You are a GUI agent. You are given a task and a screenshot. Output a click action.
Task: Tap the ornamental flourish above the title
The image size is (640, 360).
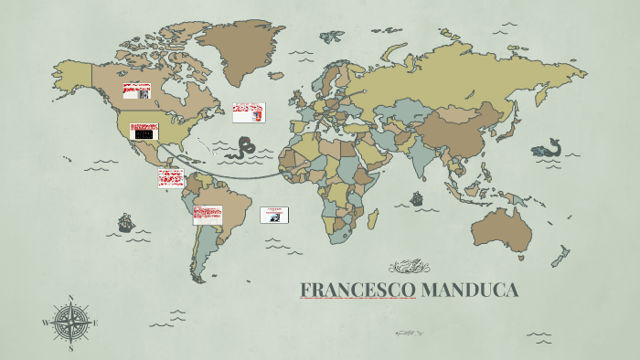409,267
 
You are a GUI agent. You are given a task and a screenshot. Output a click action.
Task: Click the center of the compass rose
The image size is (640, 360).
71,322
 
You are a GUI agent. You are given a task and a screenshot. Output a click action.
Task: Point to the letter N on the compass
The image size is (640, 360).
71,298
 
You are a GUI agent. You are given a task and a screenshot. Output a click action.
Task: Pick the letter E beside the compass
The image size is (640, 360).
95,322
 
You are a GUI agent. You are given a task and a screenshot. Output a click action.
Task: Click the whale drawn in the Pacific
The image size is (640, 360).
547,149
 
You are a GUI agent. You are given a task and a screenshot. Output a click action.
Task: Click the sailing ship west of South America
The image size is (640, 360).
125,222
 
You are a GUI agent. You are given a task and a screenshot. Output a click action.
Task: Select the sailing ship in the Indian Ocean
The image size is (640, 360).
417,198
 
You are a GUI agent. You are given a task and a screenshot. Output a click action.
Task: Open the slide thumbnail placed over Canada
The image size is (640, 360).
137,91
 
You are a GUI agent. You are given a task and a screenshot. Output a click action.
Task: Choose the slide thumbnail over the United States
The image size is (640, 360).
144,132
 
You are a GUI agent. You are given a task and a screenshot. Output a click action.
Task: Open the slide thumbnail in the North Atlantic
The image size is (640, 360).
249,112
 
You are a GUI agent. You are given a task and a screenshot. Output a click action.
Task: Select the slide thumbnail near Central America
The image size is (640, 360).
171,178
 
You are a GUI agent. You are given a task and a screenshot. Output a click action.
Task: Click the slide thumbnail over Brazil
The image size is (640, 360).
208,215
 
